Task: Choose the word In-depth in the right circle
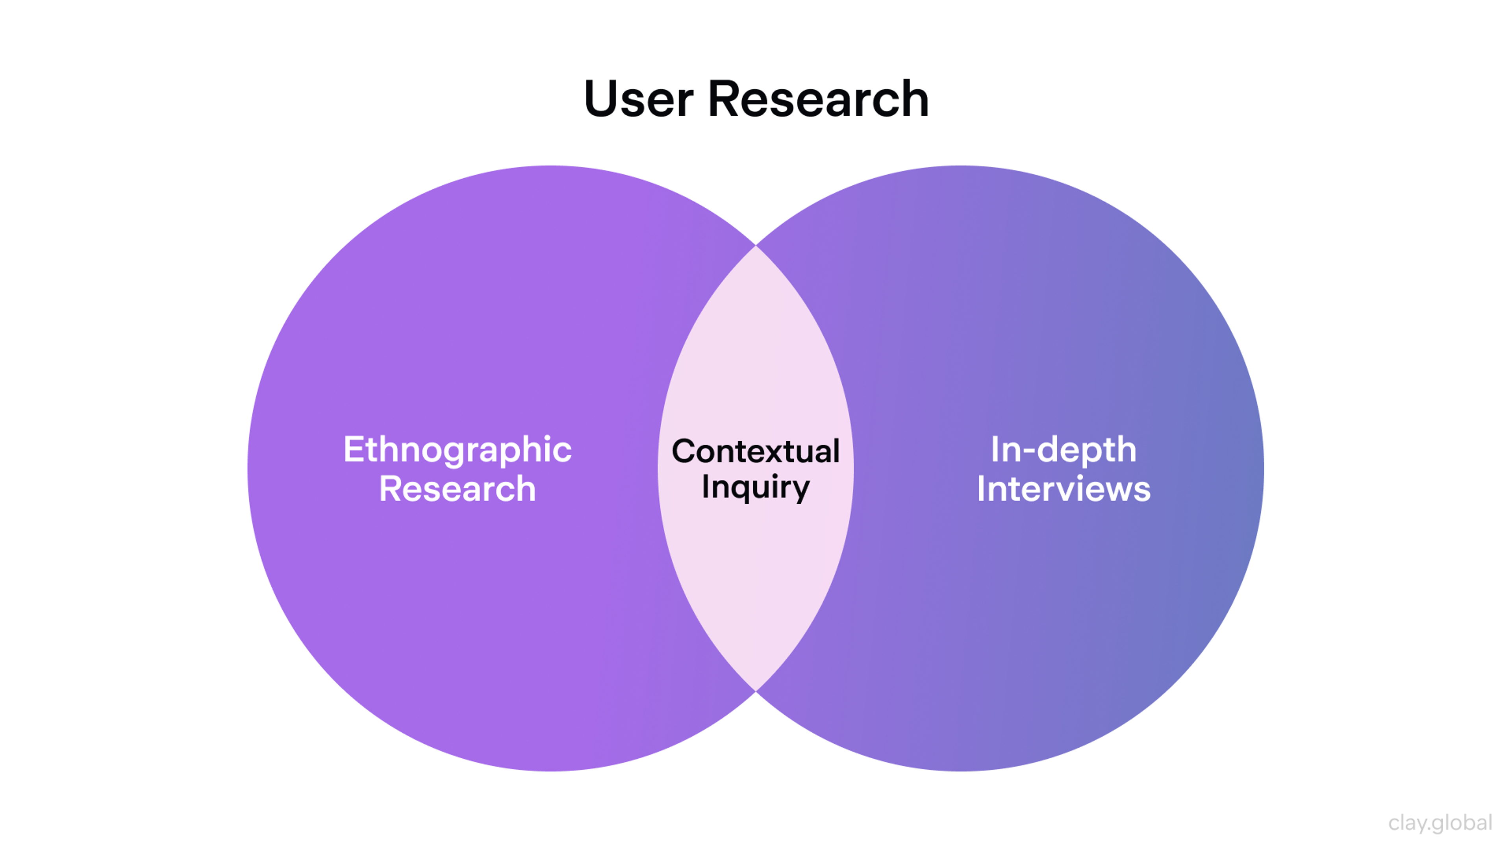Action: [1064, 449]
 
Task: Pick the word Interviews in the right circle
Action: [1064, 489]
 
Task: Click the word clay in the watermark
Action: [1406, 823]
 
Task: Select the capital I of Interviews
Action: [981, 489]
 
